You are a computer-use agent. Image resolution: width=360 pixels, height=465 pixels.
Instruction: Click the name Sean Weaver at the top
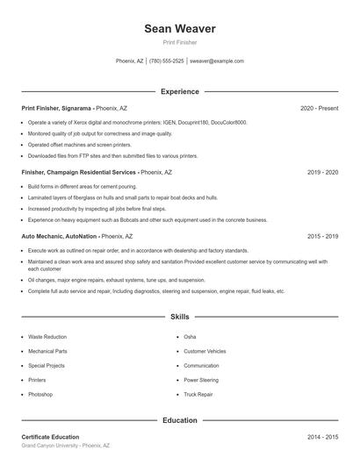(x=180, y=29)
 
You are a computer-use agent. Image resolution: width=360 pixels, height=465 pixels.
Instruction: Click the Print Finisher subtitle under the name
(x=180, y=42)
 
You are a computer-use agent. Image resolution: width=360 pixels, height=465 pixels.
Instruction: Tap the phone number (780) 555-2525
(x=167, y=61)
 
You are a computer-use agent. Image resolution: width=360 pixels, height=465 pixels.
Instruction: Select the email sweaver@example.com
(x=217, y=61)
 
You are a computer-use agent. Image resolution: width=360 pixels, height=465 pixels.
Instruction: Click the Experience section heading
(x=180, y=91)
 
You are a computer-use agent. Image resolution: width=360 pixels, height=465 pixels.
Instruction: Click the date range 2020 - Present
(x=319, y=108)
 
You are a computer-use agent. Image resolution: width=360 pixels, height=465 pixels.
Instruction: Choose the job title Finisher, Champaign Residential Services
(x=79, y=173)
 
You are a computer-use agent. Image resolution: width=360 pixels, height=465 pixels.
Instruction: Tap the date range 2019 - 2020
(x=322, y=173)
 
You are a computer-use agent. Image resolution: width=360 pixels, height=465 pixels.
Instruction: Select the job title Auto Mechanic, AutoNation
(x=59, y=237)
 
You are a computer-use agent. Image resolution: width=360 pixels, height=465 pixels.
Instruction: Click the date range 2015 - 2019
(x=322, y=237)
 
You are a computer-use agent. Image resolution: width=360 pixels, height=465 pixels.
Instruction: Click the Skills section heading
(x=180, y=316)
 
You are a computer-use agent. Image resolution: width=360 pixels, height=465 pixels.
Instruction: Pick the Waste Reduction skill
(x=47, y=337)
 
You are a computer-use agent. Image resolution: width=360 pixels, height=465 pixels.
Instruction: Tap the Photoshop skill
(x=40, y=395)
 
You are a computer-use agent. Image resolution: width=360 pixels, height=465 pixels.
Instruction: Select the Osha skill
(x=190, y=337)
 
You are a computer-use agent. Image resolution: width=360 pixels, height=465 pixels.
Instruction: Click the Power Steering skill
(x=201, y=380)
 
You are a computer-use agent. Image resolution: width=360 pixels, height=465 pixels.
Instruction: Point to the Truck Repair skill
(x=198, y=395)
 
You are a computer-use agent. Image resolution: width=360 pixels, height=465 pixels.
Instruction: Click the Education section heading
(x=180, y=420)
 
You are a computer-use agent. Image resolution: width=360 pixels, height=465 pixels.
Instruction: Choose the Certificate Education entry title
(x=50, y=437)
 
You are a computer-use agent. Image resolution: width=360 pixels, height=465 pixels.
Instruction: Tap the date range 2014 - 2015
(x=322, y=437)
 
